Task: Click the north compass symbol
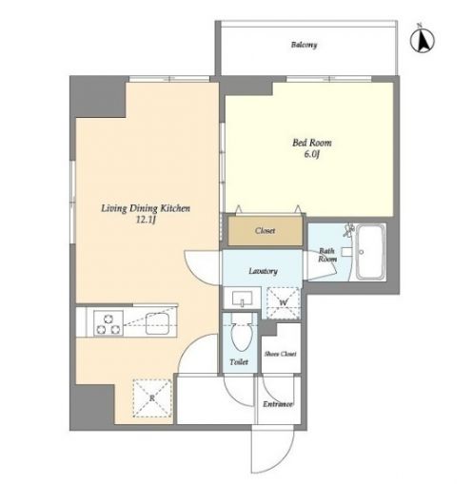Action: point(423,40)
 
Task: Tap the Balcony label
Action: point(304,45)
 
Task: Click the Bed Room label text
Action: point(312,143)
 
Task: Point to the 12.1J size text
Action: point(146,220)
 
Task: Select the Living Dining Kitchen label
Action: point(146,208)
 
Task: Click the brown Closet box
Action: point(265,230)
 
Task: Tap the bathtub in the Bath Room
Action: point(370,252)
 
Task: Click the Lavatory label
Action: point(263,271)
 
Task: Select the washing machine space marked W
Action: point(284,302)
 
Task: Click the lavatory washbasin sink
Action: point(243,299)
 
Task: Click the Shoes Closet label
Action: point(281,354)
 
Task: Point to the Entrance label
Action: point(278,404)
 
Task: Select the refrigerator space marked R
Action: point(152,397)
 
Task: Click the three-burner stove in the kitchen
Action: point(108,322)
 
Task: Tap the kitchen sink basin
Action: point(157,323)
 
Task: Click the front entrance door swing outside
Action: point(273,450)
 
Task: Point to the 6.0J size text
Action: point(312,155)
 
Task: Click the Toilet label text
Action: point(239,362)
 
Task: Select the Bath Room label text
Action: point(327,255)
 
